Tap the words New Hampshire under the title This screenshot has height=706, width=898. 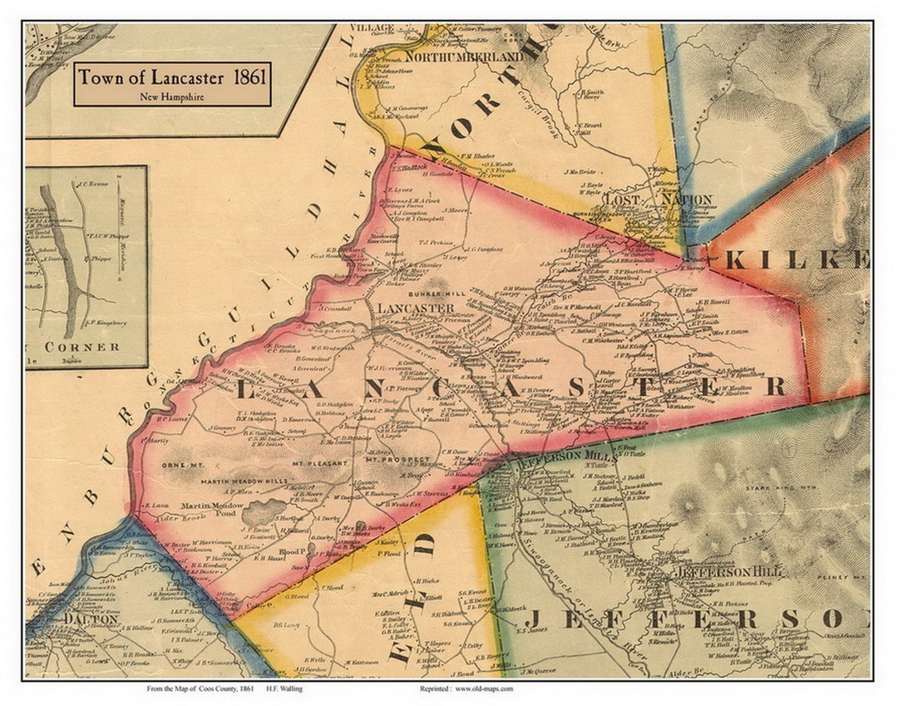point(172,96)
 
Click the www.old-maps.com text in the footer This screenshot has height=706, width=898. point(484,689)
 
